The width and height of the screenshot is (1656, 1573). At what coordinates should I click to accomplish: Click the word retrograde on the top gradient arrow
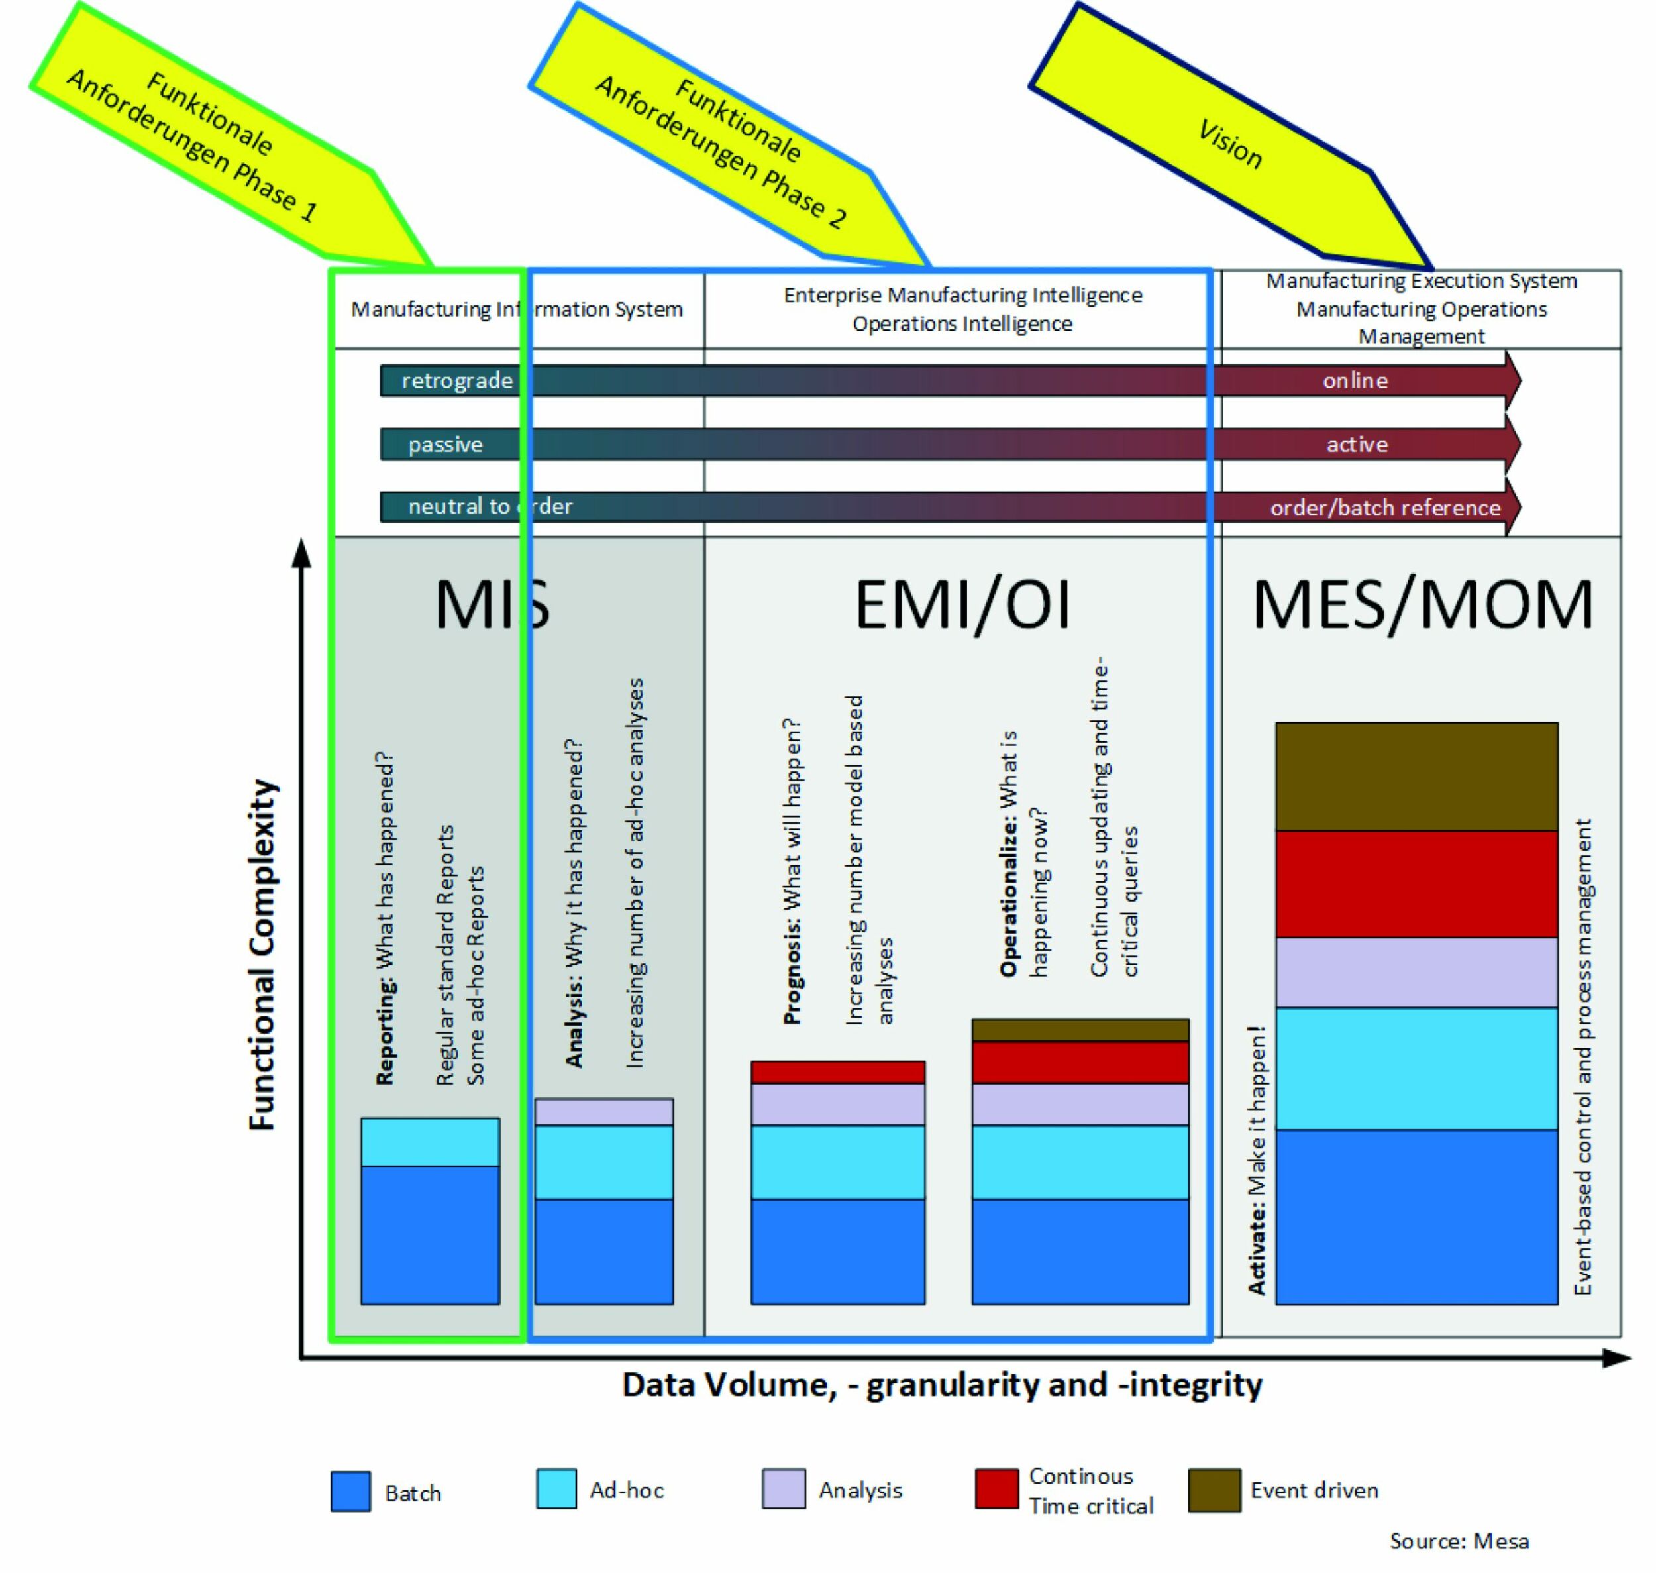click(457, 381)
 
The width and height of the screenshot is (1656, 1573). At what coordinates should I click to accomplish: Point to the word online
click(1355, 381)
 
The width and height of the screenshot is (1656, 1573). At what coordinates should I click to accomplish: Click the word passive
click(445, 445)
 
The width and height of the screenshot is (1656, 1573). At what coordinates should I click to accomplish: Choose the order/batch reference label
click(1384, 508)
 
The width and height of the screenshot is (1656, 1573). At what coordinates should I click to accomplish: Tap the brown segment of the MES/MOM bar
click(1416, 776)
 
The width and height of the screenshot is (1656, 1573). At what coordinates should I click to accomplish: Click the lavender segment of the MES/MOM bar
click(1416, 972)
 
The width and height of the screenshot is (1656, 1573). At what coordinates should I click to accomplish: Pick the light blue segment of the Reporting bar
click(430, 1142)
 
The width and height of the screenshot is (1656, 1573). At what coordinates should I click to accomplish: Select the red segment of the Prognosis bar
click(837, 1073)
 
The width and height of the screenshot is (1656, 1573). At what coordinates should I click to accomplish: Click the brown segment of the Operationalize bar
click(1080, 1030)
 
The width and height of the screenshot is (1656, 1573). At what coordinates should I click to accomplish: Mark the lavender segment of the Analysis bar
click(603, 1112)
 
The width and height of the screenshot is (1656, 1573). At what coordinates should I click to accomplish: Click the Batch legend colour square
click(350, 1491)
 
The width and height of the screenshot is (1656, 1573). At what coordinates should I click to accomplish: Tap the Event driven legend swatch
click(1214, 1490)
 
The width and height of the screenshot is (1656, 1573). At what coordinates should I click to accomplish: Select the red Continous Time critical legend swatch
click(996, 1490)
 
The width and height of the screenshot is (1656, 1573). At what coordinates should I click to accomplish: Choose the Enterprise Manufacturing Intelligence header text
click(962, 295)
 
